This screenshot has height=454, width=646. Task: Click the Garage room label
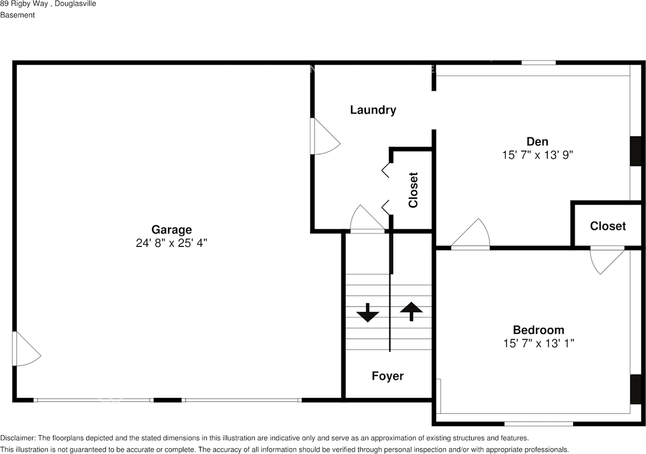172,230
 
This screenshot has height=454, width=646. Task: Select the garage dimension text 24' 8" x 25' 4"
172,243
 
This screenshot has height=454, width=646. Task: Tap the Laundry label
373,110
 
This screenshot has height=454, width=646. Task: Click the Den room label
537,141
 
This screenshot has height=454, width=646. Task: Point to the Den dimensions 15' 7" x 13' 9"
537,155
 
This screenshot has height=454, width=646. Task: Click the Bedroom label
539,330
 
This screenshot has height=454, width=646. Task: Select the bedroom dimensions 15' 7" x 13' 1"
539,343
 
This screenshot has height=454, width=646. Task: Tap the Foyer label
388,376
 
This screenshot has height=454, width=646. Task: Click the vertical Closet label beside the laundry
413,190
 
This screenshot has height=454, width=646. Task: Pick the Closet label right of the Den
608,226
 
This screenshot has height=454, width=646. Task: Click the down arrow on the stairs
367,313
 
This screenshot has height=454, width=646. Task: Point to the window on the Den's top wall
539,63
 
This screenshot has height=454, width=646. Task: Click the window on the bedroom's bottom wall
539,423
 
